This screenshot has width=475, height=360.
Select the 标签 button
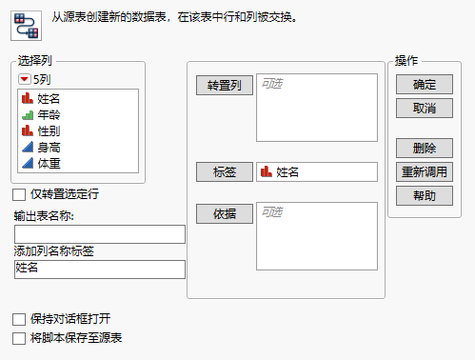224,172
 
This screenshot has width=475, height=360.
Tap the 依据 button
224,213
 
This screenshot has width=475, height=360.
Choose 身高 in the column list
49,148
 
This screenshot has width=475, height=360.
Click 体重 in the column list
49,164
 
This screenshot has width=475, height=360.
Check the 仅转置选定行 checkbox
20,194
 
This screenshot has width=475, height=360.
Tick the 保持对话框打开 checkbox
20,318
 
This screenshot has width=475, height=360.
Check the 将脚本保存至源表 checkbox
20,337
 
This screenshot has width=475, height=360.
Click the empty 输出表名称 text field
99,234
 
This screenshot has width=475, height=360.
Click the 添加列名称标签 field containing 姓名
99,270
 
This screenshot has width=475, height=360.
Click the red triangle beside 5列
25,79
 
